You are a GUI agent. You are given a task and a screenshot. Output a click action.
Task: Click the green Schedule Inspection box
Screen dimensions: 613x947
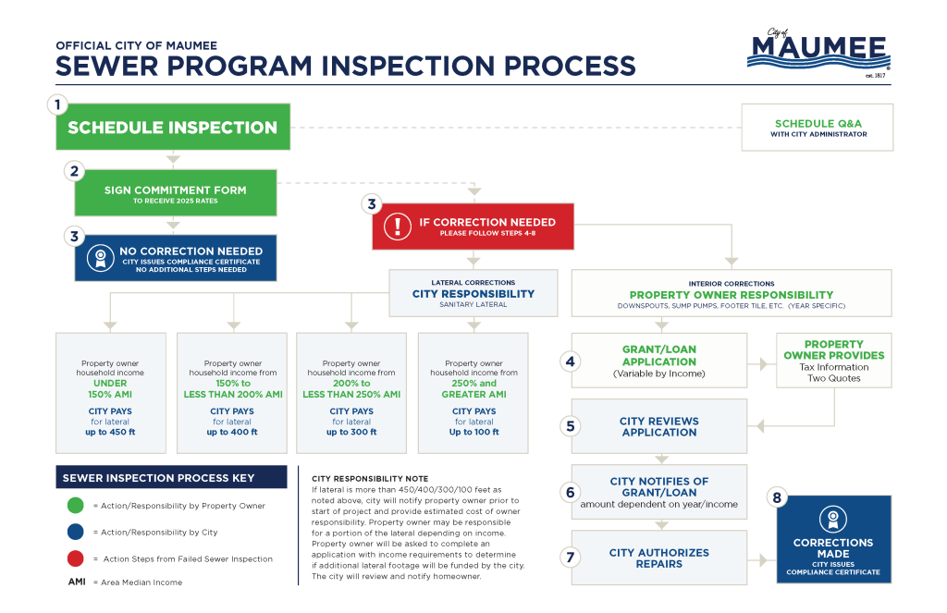(x=172, y=128)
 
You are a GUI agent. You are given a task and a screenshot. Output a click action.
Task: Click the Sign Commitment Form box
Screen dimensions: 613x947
(x=175, y=193)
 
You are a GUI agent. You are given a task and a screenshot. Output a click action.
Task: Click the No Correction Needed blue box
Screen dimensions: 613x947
(x=175, y=257)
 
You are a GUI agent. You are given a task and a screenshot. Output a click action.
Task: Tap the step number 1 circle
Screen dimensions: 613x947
(x=57, y=104)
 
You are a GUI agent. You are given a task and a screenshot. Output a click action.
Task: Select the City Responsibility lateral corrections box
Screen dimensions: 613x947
(x=473, y=292)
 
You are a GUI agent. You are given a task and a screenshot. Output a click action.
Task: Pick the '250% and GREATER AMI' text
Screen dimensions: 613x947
(x=474, y=388)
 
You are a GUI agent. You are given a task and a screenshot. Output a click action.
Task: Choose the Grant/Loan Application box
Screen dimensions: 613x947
(x=658, y=361)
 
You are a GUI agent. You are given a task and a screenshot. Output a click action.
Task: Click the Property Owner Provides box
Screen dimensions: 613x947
(x=833, y=360)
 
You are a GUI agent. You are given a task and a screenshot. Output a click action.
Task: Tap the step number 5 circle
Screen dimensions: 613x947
(x=571, y=426)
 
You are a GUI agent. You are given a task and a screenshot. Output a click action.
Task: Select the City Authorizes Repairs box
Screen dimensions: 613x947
(x=658, y=558)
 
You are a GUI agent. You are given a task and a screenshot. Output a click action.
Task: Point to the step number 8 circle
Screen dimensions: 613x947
(x=777, y=498)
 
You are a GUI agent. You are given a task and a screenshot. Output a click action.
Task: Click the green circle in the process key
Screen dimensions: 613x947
(x=76, y=506)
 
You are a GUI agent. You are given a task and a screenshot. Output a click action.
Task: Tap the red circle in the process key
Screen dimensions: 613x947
(x=76, y=558)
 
